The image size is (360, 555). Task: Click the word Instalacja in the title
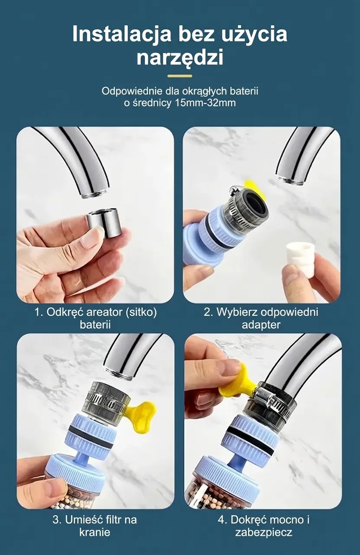tap(121, 34)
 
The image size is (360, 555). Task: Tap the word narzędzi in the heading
tap(180, 57)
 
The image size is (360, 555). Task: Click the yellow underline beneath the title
tap(180, 76)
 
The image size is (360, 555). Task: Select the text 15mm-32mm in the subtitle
tap(205, 103)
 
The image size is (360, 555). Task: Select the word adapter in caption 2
tap(261, 325)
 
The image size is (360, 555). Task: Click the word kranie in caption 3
tap(95, 532)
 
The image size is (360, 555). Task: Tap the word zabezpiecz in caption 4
tap(264, 532)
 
